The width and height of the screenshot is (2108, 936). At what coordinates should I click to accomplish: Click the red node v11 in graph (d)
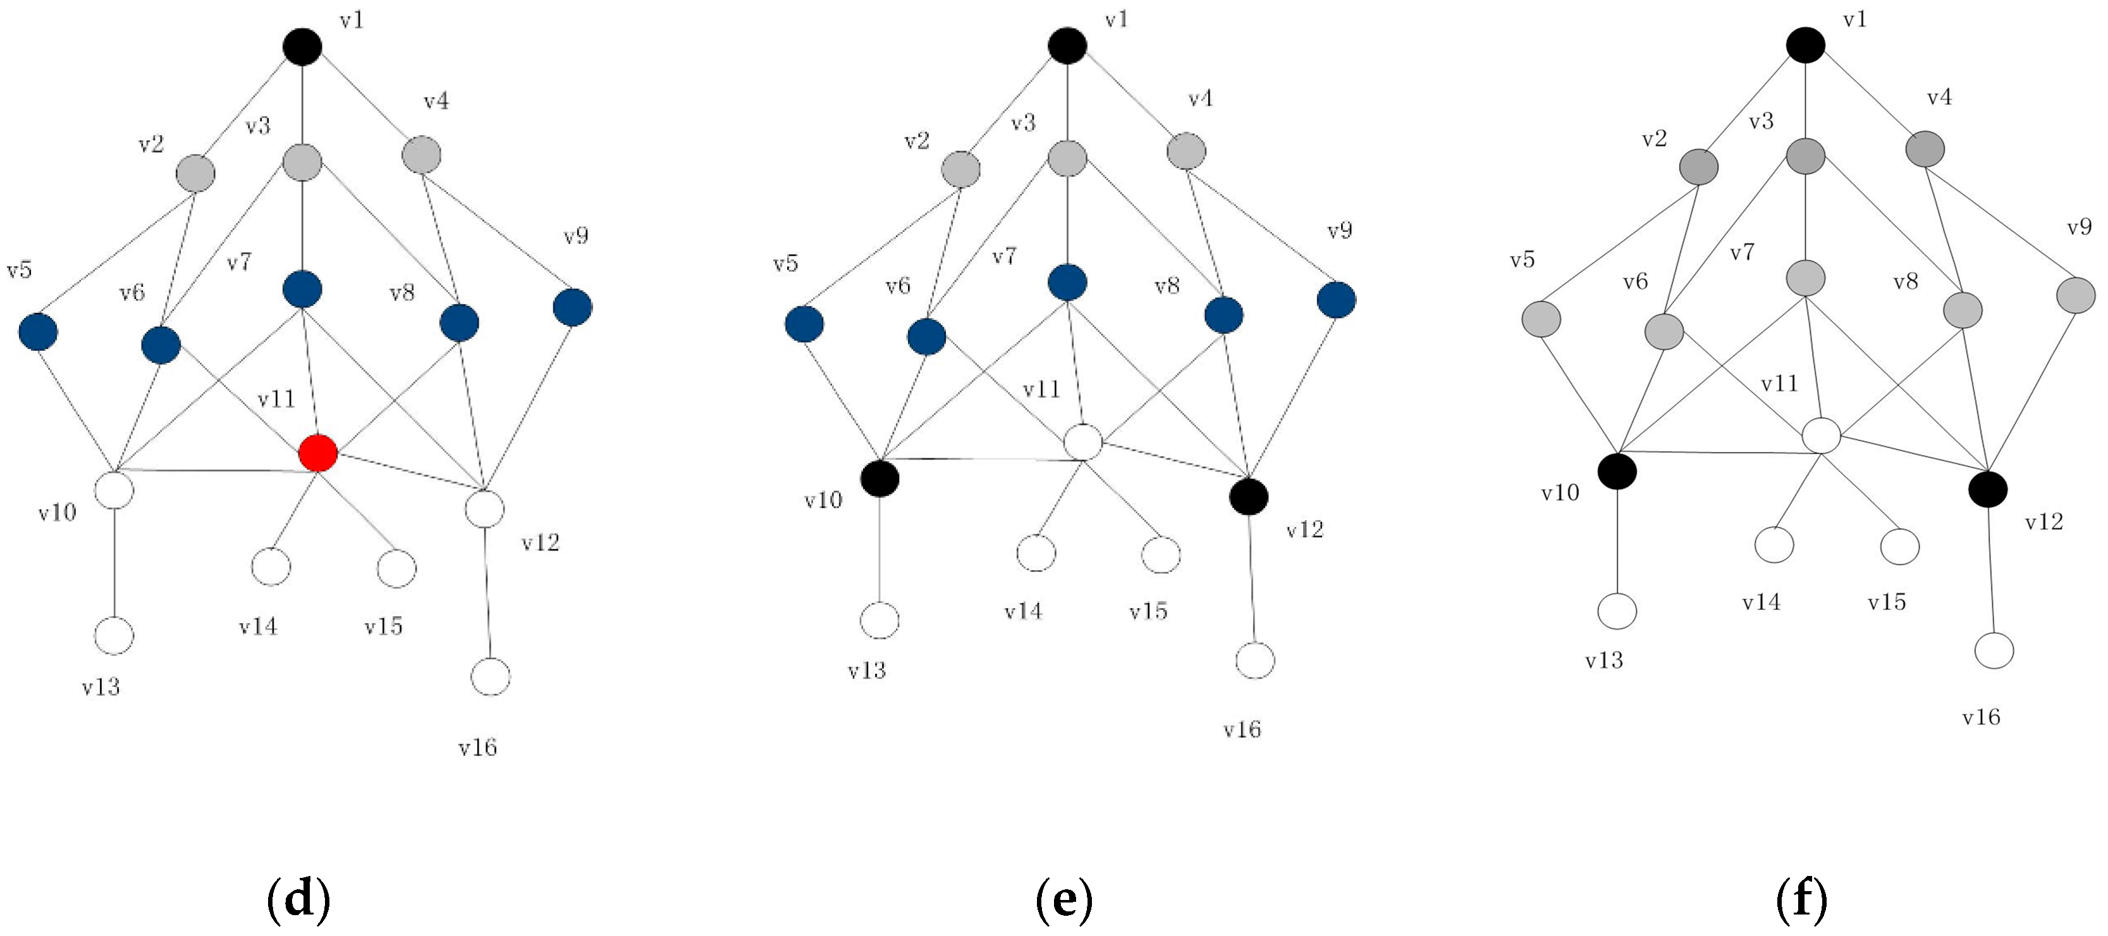point(318,453)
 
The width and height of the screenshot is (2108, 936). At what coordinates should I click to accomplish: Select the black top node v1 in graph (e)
point(1067,46)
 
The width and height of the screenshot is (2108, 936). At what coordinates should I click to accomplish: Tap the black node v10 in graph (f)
point(1617,471)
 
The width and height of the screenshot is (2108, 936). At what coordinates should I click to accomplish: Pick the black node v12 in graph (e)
point(1249,496)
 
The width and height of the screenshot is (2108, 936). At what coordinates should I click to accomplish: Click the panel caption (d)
point(298,899)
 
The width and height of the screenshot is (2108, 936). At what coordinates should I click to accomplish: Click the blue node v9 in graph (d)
point(572,307)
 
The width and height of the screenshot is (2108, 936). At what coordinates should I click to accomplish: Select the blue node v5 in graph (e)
point(804,324)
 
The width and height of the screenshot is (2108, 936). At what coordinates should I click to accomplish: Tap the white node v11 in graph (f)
point(1822,435)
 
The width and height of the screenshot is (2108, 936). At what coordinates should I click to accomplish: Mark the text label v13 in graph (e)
point(867,671)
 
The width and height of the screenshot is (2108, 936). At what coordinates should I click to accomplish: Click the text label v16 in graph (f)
point(1981,717)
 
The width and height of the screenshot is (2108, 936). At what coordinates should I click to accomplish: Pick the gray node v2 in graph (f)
point(1699,167)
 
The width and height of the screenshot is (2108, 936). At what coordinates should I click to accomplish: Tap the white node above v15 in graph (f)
point(1900,547)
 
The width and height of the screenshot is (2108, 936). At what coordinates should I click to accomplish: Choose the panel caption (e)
point(1064,899)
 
